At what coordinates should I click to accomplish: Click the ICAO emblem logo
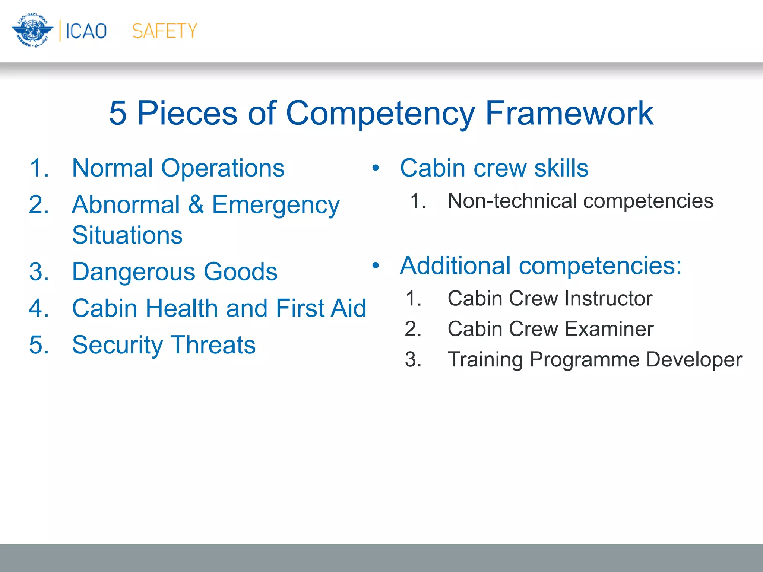32,30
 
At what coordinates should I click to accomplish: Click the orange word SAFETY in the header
164,31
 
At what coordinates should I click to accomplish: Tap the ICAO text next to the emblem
86,31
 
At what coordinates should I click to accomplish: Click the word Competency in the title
380,113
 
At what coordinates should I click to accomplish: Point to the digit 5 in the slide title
118,113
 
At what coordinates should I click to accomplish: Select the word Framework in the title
569,113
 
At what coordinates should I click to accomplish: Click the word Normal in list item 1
112,168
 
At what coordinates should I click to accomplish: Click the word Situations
127,235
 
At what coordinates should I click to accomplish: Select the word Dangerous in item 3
133,271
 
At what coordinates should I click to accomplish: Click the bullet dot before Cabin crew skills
376,168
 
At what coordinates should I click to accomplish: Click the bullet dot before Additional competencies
376,266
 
